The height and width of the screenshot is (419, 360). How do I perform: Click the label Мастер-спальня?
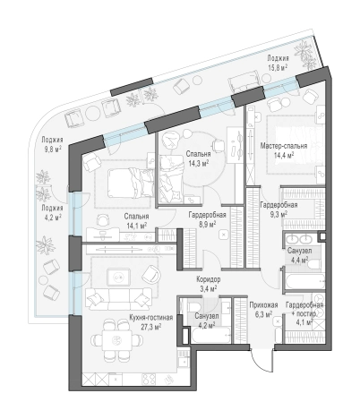(x=284, y=146)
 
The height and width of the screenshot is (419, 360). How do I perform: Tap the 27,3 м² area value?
(x=151, y=327)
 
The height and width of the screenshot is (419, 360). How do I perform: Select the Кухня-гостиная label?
(x=151, y=318)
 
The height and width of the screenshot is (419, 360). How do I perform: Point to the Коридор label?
(x=209, y=279)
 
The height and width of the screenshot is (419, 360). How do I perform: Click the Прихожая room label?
(x=263, y=305)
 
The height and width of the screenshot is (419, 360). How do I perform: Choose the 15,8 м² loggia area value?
(x=278, y=67)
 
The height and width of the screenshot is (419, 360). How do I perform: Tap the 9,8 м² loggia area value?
(x=53, y=150)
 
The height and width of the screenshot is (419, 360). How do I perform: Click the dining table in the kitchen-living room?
(x=116, y=340)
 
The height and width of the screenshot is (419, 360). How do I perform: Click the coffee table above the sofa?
(x=119, y=278)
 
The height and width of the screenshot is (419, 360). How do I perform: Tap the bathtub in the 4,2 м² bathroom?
(x=211, y=335)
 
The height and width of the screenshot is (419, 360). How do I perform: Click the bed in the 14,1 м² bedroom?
(x=131, y=183)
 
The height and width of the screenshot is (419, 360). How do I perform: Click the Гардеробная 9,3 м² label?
(x=279, y=209)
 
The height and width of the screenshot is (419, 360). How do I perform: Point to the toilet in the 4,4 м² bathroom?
(x=314, y=265)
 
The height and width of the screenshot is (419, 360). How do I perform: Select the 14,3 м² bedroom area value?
(x=198, y=163)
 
